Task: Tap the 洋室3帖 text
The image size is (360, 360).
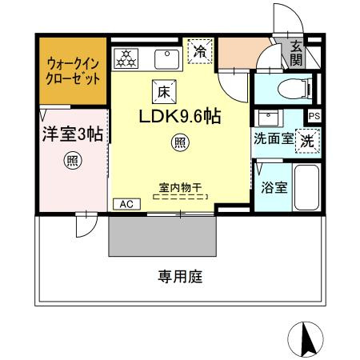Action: [x=72, y=134]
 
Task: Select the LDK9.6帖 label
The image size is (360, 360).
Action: [x=180, y=116]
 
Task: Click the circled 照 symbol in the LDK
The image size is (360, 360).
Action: [x=181, y=144]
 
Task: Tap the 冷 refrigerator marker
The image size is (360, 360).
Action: [x=200, y=51]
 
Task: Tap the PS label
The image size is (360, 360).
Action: [x=314, y=116]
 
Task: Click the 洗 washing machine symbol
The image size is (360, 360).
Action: [x=307, y=138]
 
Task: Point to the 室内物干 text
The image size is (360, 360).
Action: [x=180, y=189]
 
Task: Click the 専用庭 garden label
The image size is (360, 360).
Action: [x=179, y=278]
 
